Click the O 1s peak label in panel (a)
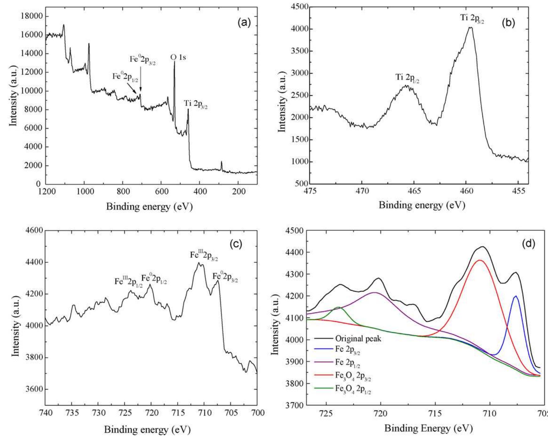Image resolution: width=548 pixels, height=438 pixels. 178,57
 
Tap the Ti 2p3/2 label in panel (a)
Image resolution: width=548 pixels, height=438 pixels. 196,105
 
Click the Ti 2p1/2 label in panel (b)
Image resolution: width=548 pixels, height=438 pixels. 407,78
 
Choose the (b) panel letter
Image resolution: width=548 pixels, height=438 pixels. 508,23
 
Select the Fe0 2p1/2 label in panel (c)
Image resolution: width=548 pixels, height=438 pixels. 154,279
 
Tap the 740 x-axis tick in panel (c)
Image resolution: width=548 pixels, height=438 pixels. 45,413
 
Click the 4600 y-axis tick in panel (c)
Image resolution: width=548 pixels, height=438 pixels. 34,230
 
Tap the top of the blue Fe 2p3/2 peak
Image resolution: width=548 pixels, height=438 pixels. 515,296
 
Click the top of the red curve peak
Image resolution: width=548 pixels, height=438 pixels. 480,260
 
